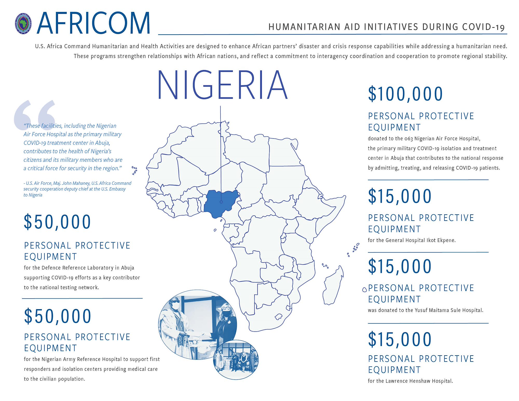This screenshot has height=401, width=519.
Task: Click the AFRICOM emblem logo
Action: click(23, 24)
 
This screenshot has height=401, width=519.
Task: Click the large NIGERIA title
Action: click(222, 85)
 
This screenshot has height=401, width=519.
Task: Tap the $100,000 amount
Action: click(405, 94)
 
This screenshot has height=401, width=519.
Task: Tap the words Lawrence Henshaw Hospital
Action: click(419, 381)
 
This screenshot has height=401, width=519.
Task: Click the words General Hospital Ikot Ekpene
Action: click(420, 240)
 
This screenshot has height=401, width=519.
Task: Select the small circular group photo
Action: click(236, 359)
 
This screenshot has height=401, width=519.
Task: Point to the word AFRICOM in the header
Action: click(93, 23)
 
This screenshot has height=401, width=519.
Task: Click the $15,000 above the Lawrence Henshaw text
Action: click(400, 339)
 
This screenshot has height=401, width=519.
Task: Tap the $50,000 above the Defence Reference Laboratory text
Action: click(57, 222)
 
